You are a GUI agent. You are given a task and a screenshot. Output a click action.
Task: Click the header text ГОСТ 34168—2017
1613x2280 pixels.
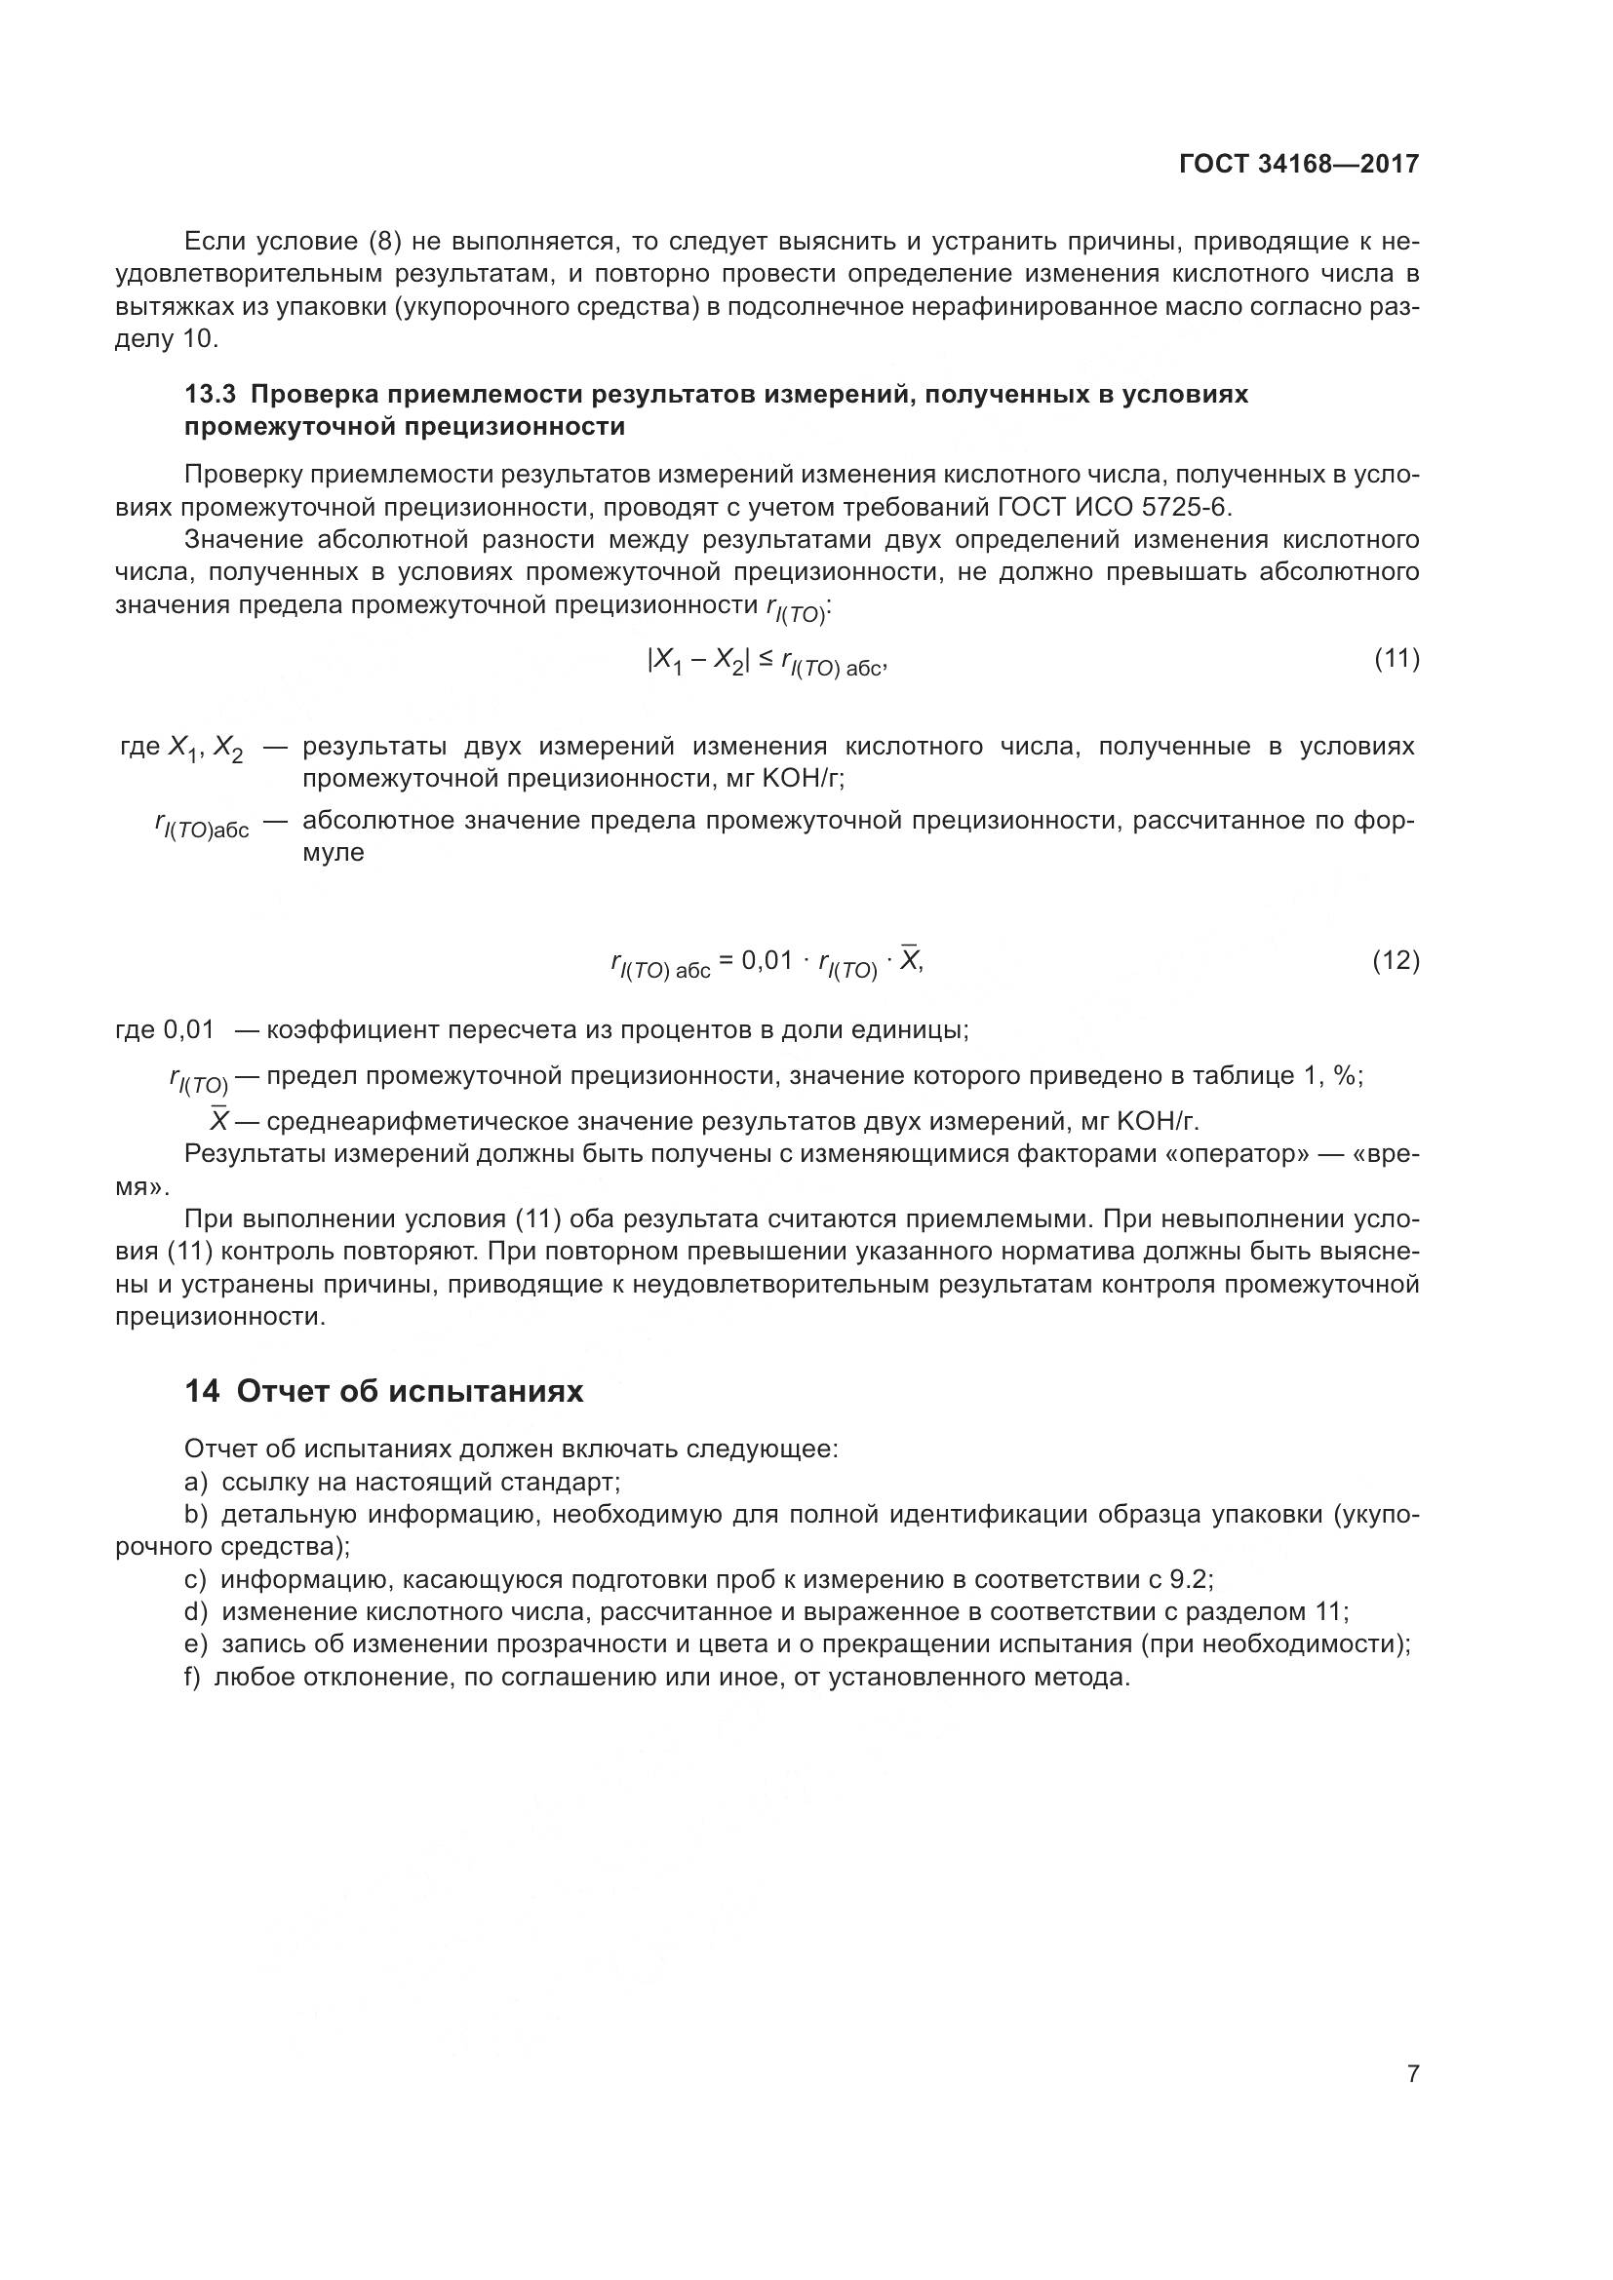[x=1298, y=164]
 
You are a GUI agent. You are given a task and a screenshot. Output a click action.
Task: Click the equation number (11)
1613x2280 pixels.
[x=1396, y=658]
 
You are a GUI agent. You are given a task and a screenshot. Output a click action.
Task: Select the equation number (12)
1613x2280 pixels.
[x=1396, y=960]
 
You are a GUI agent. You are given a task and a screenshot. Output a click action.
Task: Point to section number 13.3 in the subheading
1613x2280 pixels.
[x=210, y=394]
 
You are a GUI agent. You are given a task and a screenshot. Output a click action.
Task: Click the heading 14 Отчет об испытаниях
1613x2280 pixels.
[x=384, y=1391]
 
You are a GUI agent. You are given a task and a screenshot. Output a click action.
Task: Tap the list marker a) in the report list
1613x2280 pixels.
[x=196, y=1483]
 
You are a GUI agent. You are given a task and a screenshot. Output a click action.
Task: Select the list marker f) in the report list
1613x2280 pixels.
[x=194, y=1679]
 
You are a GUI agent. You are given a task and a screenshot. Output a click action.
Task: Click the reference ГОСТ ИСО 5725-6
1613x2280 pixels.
[x=1112, y=508]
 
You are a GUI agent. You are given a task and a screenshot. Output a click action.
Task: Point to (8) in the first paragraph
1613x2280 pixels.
[x=384, y=242]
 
